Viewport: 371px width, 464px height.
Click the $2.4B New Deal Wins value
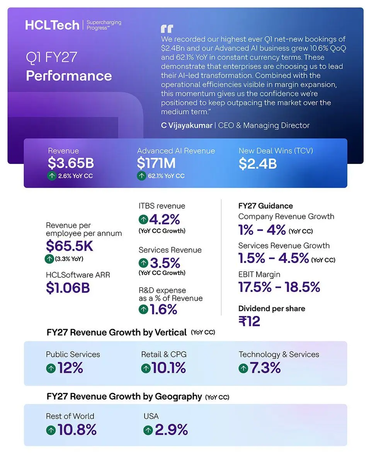pos(257,164)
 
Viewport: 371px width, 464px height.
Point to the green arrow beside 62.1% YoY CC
pos(141,176)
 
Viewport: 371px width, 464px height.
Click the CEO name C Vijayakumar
pos(187,125)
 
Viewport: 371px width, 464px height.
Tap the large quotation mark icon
pos(167,29)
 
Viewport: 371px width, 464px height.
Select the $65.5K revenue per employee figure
pos(70,246)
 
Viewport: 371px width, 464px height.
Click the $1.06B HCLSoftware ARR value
pos(68,288)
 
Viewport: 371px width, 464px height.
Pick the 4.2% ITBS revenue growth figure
pos(164,220)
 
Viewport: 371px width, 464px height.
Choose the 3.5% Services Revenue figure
pos(165,263)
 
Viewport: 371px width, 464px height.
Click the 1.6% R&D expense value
pos(163,309)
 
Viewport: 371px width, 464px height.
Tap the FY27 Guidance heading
pos(265,206)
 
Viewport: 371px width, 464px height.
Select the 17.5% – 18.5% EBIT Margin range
pos(279,287)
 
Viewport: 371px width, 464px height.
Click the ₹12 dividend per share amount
pos(249,321)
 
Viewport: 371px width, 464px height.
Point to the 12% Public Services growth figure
pos(70,368)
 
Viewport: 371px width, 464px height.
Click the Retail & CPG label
pos(164,354)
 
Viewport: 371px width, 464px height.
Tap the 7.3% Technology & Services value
pos(265,368)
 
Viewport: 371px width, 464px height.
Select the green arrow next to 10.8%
pos(51,431)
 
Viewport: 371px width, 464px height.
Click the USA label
pos(151,416)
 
